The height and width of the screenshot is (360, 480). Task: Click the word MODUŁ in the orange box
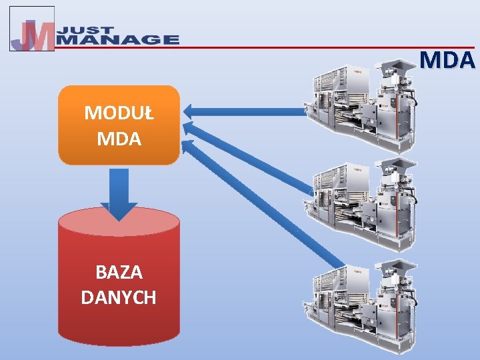(119, 113)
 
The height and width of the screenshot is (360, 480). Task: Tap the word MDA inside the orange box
(119, 139)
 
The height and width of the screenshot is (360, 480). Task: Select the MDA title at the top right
(448, 61)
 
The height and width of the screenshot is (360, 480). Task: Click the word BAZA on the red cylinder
(119, 272)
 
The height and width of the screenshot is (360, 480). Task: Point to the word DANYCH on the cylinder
(119, 297)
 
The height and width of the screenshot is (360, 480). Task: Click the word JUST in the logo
(84, 30)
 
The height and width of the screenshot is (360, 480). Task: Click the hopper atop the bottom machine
(397, 264)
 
